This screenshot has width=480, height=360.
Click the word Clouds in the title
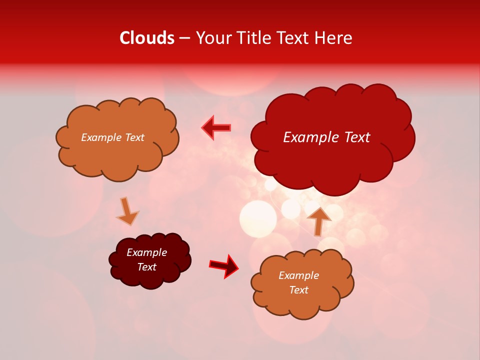(147, 38)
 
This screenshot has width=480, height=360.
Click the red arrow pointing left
(216, 128)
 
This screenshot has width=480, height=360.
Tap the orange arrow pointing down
(127, 211)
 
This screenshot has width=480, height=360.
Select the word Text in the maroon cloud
(146, 267)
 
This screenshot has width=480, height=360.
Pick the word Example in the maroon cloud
(146, 252)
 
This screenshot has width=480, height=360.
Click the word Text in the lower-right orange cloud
(298, 290)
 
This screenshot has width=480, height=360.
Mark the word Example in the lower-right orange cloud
(298, 275)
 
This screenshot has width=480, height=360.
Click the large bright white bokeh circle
(258, 218)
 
